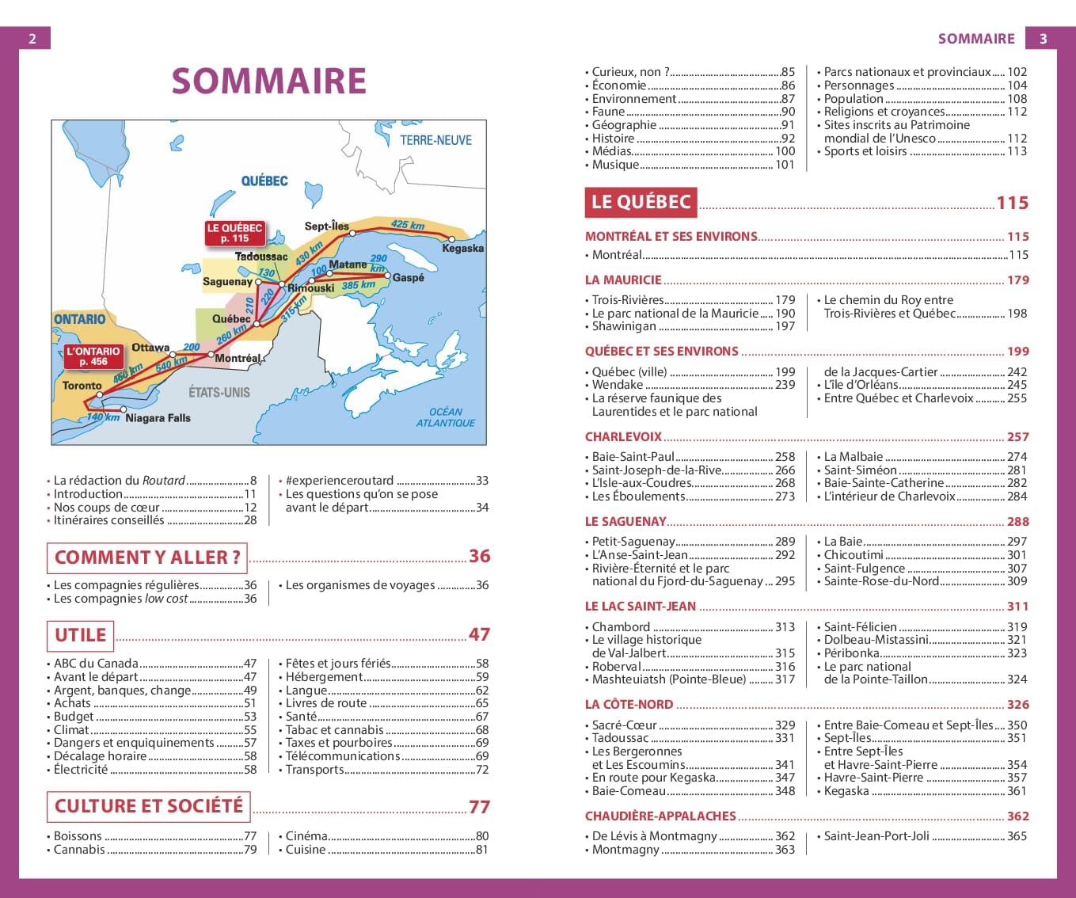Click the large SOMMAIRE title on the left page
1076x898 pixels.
pos(268,81)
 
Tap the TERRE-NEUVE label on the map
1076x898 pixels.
pos(435,140)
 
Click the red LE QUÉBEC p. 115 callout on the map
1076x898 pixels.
pos(234,233)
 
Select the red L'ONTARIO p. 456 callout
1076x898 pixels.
pos(93,356)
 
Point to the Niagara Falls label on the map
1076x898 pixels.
pos(158,418)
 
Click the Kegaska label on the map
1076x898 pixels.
pos(462,249)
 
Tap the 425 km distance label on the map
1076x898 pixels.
pos(407,225)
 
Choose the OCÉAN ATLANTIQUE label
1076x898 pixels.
pos(446,417)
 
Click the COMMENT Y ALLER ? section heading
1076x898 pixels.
pos(147,557)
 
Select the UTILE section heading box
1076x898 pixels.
pos(80,635)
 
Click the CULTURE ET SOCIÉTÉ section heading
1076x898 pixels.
pos(149,806)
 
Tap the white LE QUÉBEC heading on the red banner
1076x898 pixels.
pos(641,202)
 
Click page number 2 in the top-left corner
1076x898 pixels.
pos(32,38)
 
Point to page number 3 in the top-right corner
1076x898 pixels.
pos(1043,38)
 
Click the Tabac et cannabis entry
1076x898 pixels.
pos(334,730)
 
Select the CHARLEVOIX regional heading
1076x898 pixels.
pos(623,437)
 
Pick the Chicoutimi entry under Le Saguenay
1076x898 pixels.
pos(854,555)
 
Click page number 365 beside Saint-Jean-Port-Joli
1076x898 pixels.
pos(1017,836)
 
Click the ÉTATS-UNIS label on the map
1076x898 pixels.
pos(219,392)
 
